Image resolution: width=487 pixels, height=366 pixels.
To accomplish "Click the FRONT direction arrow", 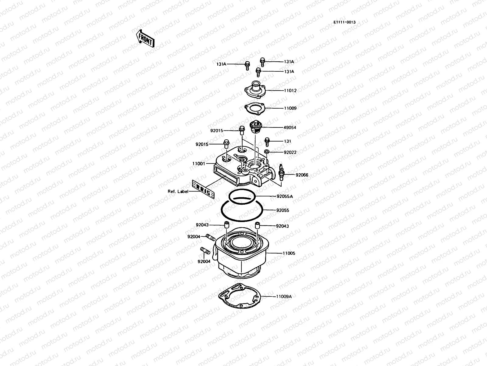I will click(145, 38).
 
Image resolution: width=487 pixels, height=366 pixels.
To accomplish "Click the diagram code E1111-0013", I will click(344, 22).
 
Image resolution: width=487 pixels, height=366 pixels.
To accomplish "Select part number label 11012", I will click(290, 91).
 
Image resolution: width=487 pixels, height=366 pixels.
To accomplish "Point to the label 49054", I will click(290, 128).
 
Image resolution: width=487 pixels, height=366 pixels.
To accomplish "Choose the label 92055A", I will click(285, 196).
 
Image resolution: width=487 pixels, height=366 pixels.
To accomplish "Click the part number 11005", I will click(289, 253).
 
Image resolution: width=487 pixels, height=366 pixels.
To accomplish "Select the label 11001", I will click(198, 163).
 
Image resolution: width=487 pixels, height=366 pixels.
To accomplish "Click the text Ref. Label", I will click(178, 192).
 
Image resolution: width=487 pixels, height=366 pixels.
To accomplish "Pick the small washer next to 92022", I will click(267, 152).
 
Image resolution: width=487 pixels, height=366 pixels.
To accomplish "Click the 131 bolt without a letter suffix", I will click(267, 141).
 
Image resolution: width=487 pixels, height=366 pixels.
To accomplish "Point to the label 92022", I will click(290, 152).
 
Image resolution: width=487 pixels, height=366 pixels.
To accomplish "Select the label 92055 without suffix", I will click(283, 210).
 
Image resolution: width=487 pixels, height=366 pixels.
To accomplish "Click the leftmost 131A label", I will click(221, 64).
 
